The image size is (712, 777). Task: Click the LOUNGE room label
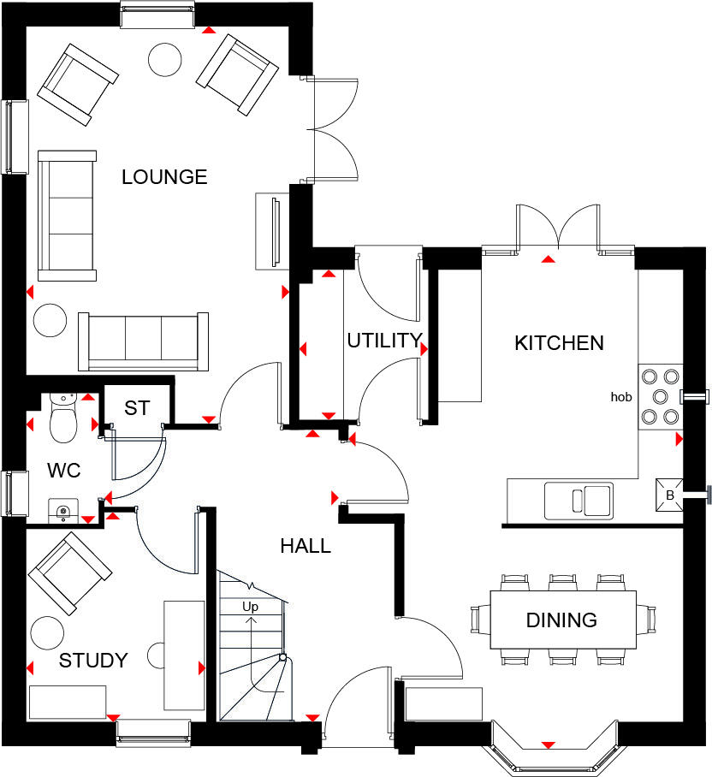tap(164, 177)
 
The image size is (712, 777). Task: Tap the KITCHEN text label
tap(559, 343)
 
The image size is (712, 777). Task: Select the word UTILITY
tap(384, 341)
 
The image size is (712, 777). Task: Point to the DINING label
tap(561, 620)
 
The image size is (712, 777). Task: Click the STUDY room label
tap(93, 661)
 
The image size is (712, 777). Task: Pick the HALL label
tap(306, 546)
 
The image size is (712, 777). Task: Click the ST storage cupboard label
tap(137, 409)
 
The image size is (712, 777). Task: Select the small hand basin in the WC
tap(63, 512)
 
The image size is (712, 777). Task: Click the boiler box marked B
tap(670, 494)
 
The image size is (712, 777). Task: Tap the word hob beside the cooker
tap(621, 397)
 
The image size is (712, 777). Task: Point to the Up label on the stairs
tap(251, 607)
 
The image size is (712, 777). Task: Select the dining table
tap(562, 620)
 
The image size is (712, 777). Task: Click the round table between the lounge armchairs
tap(164, 58)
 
